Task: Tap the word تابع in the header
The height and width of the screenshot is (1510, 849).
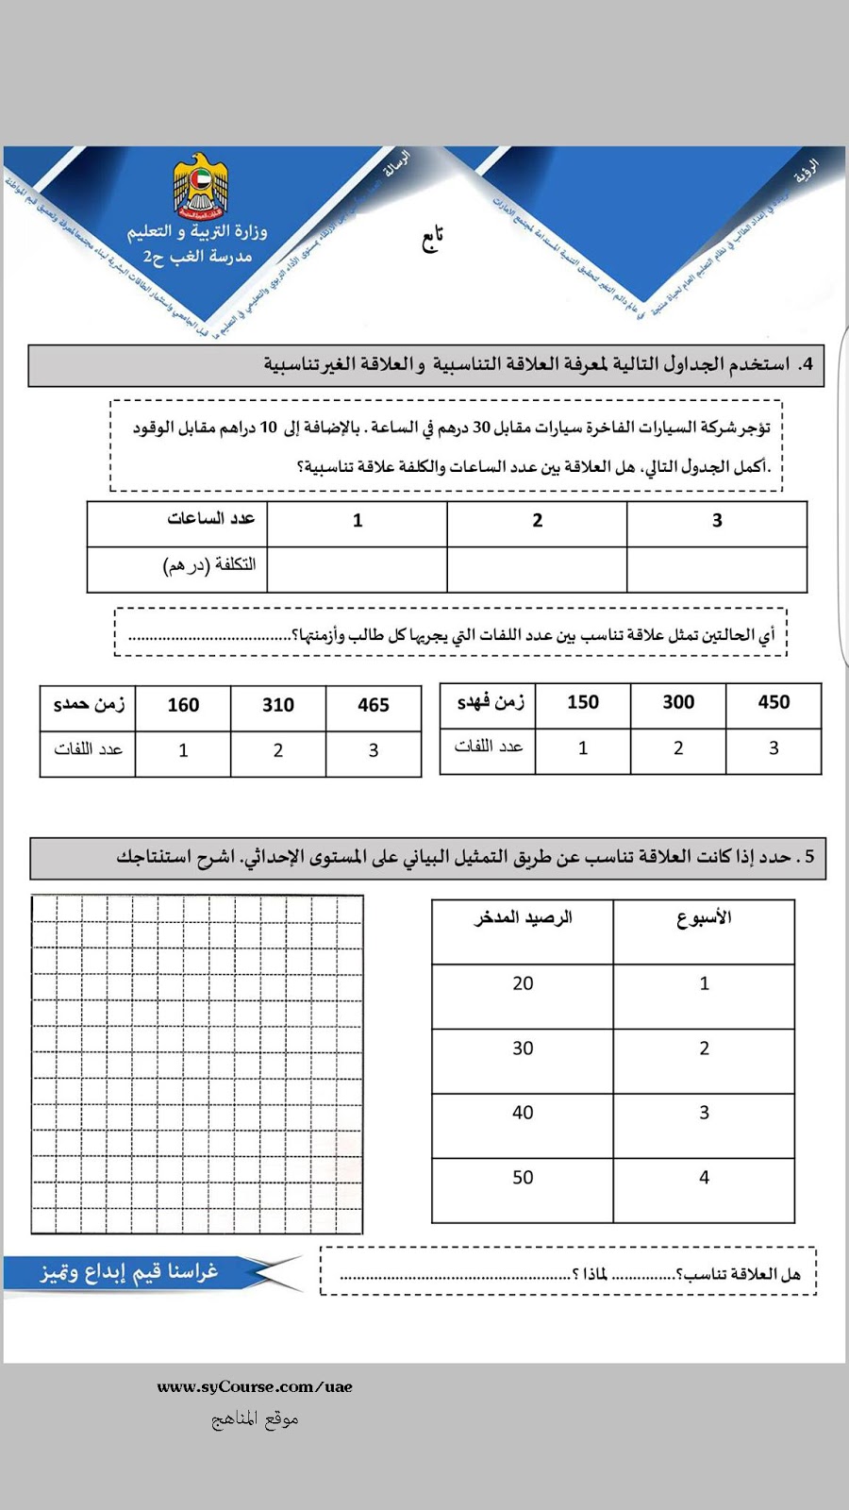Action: click(x=432, y=239)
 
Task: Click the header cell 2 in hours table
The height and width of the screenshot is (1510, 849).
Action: click(x=537, y=520)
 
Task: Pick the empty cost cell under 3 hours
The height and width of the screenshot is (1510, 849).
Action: click(x=716, y=570)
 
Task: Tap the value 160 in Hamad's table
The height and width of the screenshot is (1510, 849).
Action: click(x=183, y=705)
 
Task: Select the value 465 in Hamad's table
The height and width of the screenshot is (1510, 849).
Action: click(x=374, y=705)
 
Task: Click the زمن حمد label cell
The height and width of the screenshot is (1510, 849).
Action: click(x=89, y=705)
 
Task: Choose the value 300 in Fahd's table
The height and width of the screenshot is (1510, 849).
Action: click(x=678, y=702)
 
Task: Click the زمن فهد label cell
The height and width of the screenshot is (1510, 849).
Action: click(x=490, y=702)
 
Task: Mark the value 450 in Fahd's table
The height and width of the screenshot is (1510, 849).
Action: click(x=774, y=702)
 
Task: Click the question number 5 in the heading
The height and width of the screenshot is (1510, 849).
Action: click(x=809, y=857)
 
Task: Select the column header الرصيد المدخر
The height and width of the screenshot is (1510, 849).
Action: click(x=523, y=917)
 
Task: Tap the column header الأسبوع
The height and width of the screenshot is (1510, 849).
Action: click(x=704, y=917)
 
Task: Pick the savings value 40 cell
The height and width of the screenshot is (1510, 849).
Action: click(x=523, y=1113)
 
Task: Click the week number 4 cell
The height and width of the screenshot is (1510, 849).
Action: click(x=704, y=1178)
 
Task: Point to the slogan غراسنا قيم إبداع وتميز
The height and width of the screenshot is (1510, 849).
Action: click(x=129, y=1272)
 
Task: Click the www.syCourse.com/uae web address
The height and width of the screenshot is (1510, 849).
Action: click(x=255, y=1386)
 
